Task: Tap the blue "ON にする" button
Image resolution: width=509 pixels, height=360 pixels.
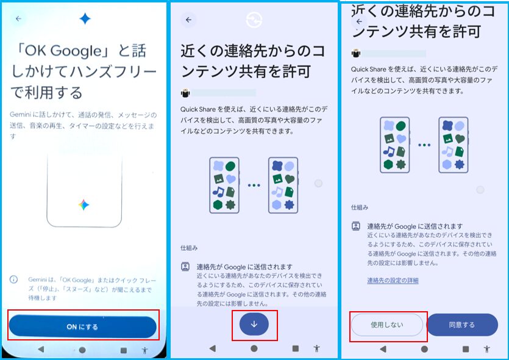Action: point(83,326)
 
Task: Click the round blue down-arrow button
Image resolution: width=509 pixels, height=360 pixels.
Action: point(254,324)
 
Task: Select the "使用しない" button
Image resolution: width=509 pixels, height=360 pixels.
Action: point(387,325)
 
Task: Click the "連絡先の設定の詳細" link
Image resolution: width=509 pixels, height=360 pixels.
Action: point(393,281)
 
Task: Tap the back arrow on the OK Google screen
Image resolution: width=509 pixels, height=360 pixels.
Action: point(18,19)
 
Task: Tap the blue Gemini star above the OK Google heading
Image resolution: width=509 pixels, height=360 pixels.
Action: point(85,18)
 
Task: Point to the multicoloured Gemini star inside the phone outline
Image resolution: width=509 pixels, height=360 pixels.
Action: point(84,204)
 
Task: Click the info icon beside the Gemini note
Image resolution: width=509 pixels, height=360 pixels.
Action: point(13,279)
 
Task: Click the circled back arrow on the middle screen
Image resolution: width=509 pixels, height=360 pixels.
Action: point(188,20)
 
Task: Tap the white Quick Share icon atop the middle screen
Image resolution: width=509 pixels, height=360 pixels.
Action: point(254,20)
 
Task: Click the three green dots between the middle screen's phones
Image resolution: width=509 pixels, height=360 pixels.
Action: point(254,185)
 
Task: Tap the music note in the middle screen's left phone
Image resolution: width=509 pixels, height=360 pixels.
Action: point(218,192)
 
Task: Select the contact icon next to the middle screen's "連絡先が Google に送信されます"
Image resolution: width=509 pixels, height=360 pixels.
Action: point(185,267)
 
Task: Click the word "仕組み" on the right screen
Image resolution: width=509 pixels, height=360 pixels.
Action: point(360,207)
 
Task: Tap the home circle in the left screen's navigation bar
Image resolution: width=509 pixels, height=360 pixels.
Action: point(82,350)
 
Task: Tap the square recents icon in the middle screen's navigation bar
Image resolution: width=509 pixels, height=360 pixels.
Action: point(296,348)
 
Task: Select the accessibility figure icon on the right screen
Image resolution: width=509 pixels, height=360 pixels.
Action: point(486,349)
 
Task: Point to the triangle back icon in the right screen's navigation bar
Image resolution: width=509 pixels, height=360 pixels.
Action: point(383,349)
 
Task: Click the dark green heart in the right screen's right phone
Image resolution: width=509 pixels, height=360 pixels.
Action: point(460,139)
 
